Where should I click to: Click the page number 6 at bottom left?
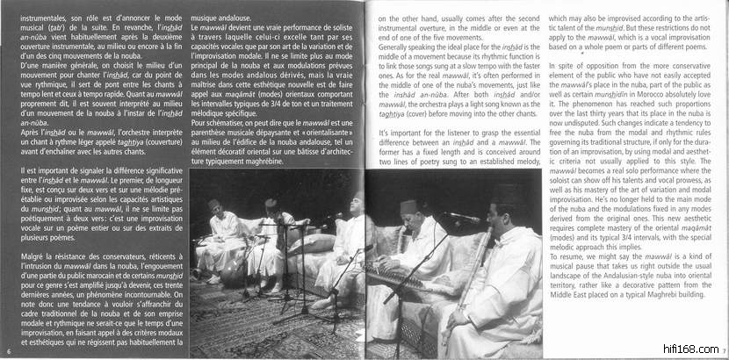point(6,352)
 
